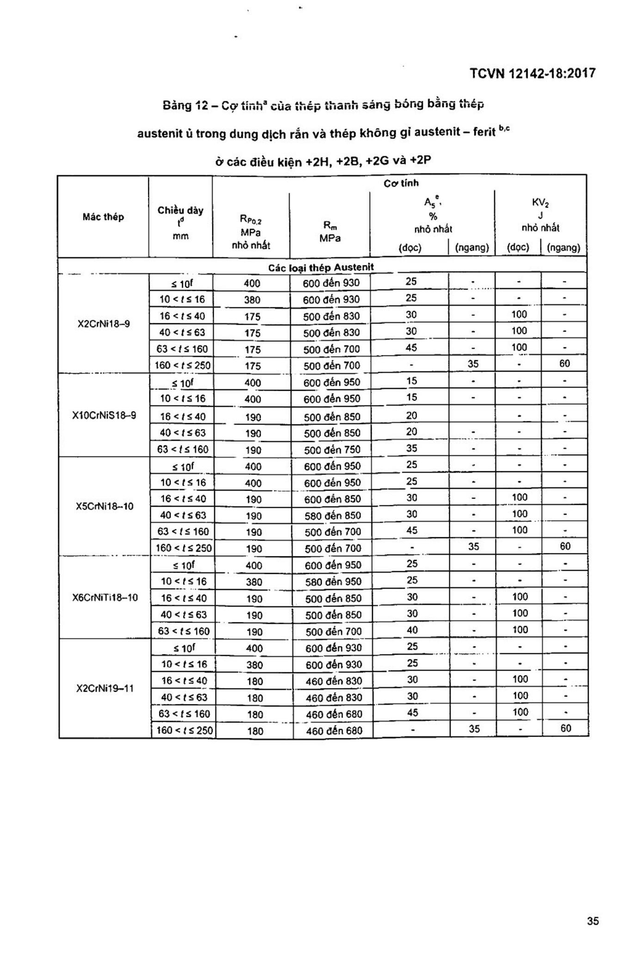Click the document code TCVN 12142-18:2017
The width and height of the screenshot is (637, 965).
[x=533, y=74]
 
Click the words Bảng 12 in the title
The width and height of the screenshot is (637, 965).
[x=184, y=106]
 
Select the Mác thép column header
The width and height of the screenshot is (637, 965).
[x=103, y=217]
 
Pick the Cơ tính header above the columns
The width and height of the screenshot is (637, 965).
[x=401, y=183]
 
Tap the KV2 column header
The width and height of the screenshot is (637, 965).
[x=540, y=203]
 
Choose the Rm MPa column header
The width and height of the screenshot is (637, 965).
[x=330, y=232]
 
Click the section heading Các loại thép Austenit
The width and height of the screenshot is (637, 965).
[x=321, y=267]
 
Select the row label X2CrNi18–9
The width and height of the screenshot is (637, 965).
[x=104, y=323]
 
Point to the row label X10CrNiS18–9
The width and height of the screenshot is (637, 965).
[x=104, y=415]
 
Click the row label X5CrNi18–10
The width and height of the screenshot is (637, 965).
[x=104, y=506]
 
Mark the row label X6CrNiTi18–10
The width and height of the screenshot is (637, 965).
[x=105, y=597]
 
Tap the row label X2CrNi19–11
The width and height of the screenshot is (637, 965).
[x=105, y=688]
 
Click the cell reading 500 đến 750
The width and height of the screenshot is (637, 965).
[x=332, y=449]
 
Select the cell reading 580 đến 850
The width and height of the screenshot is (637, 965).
[x=332, y=516]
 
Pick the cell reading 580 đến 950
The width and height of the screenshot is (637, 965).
[x=333, y=582]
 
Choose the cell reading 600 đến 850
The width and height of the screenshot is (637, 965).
[x=332, y=499]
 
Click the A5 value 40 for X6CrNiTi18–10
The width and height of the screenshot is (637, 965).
[x=412, y=630]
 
